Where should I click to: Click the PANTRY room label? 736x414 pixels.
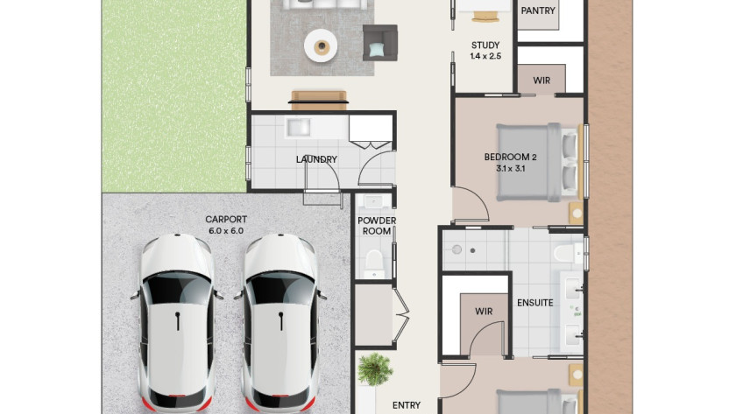pos(538,11)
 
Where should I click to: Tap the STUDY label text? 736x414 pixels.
pos(485,46)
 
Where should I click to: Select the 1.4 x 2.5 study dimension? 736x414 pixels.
pos(485,56)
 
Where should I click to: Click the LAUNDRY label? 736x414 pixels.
pos(316,159)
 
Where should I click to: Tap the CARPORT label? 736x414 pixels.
pos(226,220)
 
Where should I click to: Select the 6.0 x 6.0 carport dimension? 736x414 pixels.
pos(226,231)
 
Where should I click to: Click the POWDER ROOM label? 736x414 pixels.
pos(377,226)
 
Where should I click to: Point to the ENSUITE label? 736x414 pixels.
pos(535,303)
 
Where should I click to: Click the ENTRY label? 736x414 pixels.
pos(407,405)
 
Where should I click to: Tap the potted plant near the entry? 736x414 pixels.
pos(374,369)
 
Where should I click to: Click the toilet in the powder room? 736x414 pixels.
pos(374,263)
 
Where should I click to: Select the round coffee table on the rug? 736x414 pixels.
pos(321,46)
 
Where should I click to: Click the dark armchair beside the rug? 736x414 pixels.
pos(379,43)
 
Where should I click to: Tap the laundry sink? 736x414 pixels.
pos(298,127)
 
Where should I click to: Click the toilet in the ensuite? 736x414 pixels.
pos(568,254)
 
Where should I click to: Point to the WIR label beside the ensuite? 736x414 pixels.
pos(484,312)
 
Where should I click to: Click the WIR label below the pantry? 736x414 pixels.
pos(541,81)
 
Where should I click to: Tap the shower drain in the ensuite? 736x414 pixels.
pos(472,251)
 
